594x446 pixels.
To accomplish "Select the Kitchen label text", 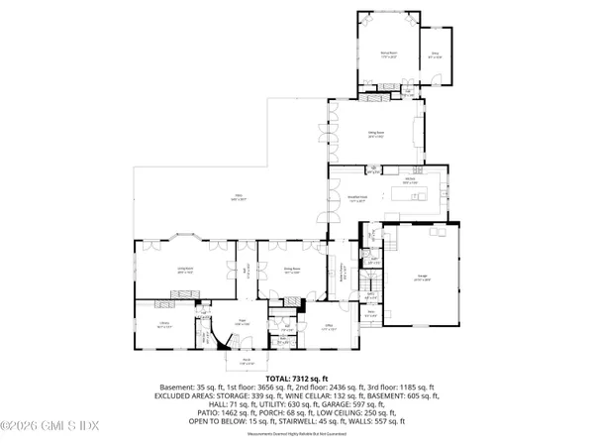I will (x=408, y=182).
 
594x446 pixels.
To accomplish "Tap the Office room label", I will (x=330, y=330).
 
